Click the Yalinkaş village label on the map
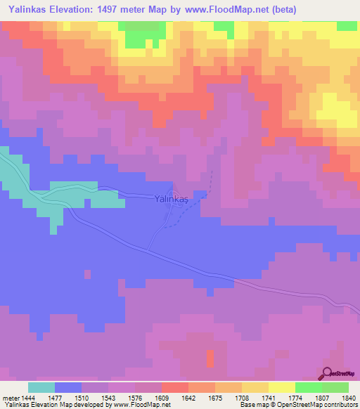(x=172, y=200)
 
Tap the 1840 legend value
(x=347, y=397)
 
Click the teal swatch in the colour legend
(x=41, y=387)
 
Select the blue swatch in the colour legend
(x=68, y=387)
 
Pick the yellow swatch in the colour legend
(x=282, y=387)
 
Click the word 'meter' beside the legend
(x=11, y=397)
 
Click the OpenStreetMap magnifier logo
(x=328, y=373)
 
